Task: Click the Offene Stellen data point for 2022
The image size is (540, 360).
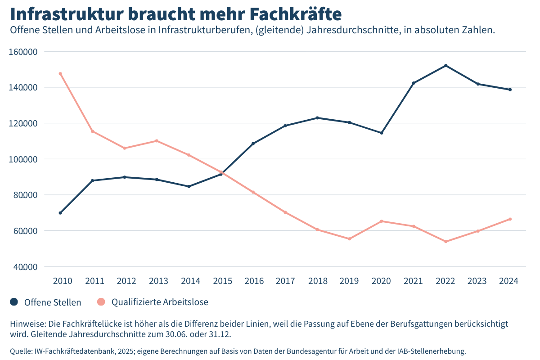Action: [x=446, y=66]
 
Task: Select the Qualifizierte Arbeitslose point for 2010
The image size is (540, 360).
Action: [x=60, y=74]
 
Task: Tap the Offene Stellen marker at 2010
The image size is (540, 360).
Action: [x=60, y=213]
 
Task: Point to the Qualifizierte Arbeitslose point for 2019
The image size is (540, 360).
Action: [x=349, y=238]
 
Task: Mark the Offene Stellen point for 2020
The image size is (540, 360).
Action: [x=382, y=133]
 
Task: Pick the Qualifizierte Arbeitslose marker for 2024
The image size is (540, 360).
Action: [x=510, y=219]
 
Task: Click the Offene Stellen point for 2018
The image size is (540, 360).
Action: [x=317, y=118]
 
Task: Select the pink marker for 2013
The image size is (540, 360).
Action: [x=157, y=141]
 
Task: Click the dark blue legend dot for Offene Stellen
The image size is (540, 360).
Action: [x=14, y=302]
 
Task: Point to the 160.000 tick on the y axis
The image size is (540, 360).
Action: [x=23, y=52]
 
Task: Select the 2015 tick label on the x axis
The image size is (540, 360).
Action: [x=222, y=281]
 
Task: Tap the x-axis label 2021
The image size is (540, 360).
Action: [x=413, y=281]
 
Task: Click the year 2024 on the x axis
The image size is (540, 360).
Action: [x=509, y=281]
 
